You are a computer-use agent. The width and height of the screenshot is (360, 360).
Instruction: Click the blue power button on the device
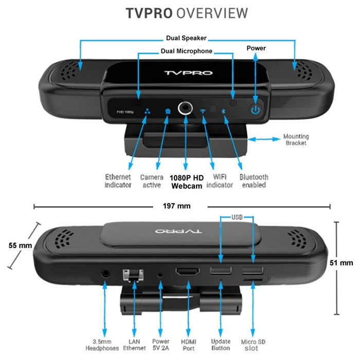(256, 110)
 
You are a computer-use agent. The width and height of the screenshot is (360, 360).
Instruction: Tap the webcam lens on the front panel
(185, 108)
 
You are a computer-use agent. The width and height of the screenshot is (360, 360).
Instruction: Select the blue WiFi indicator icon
(203, 111)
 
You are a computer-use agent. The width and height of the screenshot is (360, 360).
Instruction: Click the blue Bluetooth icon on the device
(223, 111)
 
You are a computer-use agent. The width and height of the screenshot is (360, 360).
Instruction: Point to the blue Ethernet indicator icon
(147, 112)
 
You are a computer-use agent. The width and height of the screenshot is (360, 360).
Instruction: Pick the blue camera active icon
(168, 112)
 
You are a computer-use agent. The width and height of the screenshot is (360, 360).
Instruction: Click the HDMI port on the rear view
(188, 272)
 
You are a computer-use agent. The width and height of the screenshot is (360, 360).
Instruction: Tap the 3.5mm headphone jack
(105, 274)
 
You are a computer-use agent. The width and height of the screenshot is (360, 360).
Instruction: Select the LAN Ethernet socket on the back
(133, 275)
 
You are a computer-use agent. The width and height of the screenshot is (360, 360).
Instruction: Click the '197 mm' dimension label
(176, 206)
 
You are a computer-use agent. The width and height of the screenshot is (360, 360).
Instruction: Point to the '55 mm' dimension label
(20, 245)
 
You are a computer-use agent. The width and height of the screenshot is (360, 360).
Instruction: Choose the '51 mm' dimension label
(341, 263)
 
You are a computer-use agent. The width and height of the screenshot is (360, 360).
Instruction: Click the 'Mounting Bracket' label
(296, 139)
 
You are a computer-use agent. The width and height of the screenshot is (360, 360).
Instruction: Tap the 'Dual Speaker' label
(186, 38)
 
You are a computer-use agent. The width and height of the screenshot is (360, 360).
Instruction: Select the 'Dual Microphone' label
(186, 51)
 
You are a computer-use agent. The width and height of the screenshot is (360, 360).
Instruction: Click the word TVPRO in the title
(149, 13)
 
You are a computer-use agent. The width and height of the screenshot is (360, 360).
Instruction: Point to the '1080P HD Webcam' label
(187, 182)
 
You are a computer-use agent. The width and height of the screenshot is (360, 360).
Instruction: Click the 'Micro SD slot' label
(253, 345)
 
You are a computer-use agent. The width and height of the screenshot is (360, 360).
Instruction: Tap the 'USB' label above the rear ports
(237, 217)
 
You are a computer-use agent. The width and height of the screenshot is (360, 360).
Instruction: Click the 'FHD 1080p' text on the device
(125, 112)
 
